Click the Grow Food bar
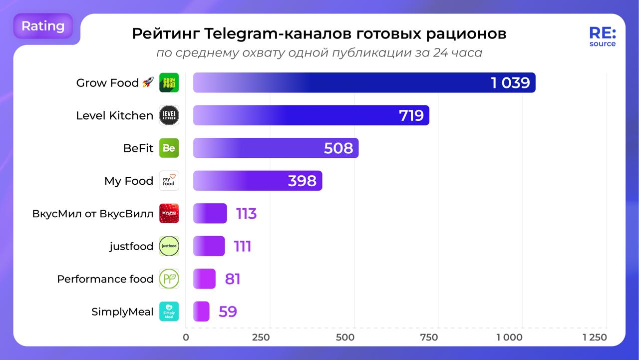[364, 83]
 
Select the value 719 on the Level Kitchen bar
[411, 116]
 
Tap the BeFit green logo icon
[169, 148]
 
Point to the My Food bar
[257, 181]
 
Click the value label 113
[246, 214]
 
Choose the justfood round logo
[169, 246]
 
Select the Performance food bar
[204, 279]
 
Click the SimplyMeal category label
[122, 312]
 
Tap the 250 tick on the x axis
[261, 338]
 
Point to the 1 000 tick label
[509, 338]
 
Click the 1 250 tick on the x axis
[595, 338]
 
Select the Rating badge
[43, 26]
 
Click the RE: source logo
[602, 37]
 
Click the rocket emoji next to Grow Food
[148, 83]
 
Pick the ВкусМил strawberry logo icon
[169, 214]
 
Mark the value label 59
[228, 312]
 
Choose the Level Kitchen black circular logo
[169, 116]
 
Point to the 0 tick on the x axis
[186, 338]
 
